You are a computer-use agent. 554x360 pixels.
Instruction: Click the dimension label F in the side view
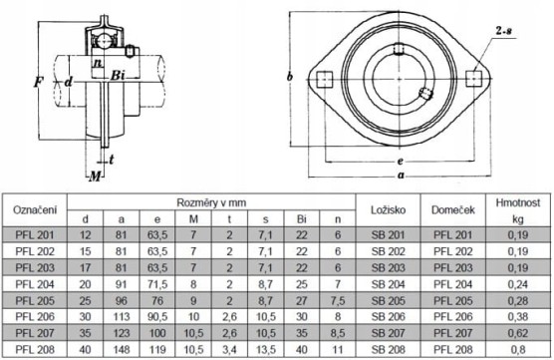point(38,83)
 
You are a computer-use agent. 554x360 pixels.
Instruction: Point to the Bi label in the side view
point(118,76)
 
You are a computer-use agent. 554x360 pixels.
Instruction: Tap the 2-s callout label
point(504,31)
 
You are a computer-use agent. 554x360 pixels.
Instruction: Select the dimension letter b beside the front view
point(290,77)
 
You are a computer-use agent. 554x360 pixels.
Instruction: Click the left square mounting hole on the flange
point(325,79)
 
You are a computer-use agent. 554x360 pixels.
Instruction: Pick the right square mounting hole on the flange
point(474,79)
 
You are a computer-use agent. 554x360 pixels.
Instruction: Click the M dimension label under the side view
point(95,177)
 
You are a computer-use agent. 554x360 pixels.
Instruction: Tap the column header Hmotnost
point(517,202)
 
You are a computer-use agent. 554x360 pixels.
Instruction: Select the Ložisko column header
point(388,210)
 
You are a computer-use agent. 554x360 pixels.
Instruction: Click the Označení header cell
point(35,210)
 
